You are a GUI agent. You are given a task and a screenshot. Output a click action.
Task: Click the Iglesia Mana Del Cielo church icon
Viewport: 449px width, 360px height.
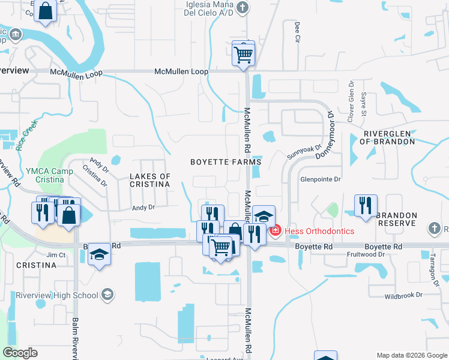pos(242,8)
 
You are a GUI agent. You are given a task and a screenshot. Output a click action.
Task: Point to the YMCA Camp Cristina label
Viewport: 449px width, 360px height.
pos(41,175)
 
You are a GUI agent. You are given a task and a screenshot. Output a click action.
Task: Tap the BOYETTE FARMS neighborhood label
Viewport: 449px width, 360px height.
pos(226,162)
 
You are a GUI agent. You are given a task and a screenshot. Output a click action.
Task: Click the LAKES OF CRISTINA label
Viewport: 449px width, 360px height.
pos(150,180)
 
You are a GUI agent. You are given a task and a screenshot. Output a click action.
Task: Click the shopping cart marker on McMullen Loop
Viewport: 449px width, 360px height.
pos(243,54)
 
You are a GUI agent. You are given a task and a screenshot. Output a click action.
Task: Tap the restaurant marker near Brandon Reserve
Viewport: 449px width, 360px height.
pos(366,206)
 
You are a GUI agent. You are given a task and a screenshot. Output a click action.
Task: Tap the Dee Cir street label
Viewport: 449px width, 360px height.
pos(297,32)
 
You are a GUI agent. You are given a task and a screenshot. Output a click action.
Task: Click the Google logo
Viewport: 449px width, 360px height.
pos(20,353)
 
